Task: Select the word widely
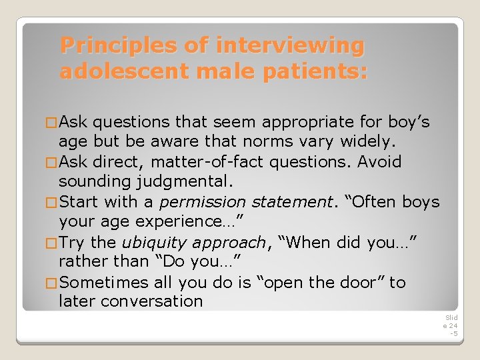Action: pos(368,141)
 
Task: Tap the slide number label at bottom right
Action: pos(451,325)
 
